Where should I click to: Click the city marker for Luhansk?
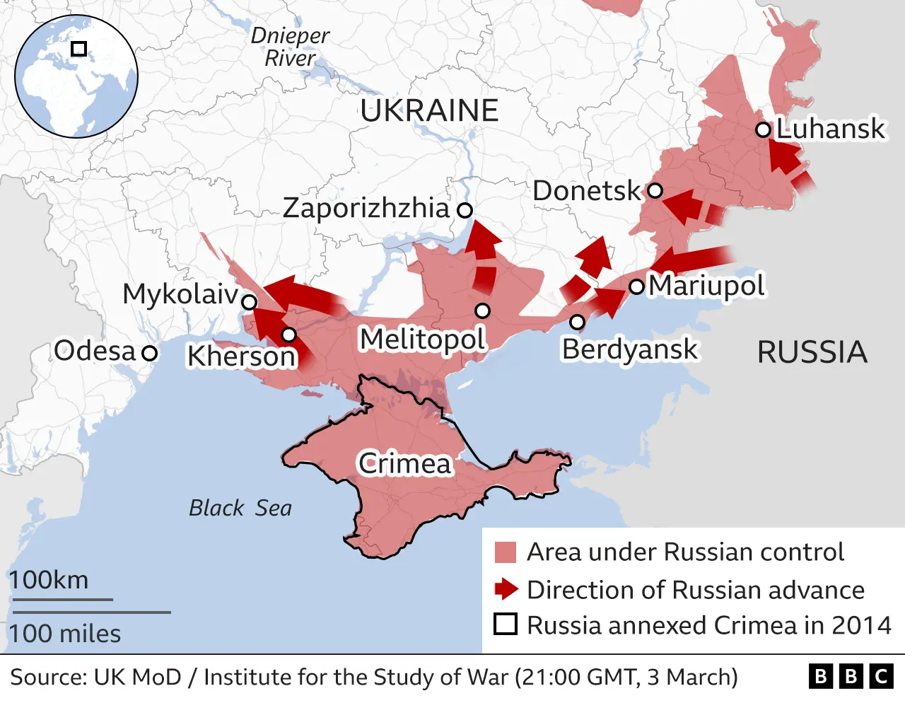tap(762, 129)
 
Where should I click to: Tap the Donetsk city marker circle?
tap(655, 190)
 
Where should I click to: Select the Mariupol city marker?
tap(636, 286)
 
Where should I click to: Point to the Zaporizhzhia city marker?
tap(465, 209)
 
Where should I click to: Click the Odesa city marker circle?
tap(149, 351)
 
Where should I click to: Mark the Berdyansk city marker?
tap(577, 323)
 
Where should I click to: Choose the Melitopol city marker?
tap(482, 310)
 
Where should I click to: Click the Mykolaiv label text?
tap(180, 294)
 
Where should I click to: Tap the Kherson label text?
tap(240, 356)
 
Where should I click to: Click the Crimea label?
tap(404, 464)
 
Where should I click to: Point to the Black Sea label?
tap(240, 508)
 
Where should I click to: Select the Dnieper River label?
tap(290, 47)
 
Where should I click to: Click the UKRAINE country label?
tap(429, 111)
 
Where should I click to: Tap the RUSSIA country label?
tap(812, 352)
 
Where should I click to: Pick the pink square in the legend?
tap(505, 552)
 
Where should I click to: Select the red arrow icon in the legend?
tap(506, 589)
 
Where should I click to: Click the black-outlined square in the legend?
tap(505, 624)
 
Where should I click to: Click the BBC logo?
tap(851, 677)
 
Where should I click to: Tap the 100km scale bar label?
tap(49, 580)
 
